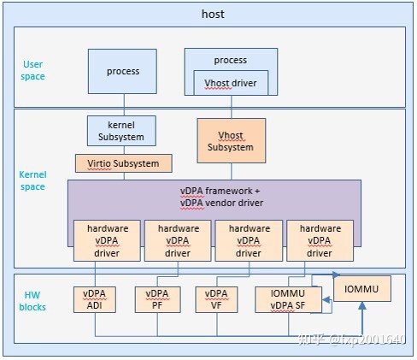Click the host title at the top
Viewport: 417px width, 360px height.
[x=213, y=14]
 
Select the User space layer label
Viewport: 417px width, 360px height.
[x=33, y=70]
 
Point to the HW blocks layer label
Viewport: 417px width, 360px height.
[x=33, y=301]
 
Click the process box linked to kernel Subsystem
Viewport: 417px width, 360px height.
[x=123, y=71]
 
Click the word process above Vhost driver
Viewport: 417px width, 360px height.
[x=230, y=60]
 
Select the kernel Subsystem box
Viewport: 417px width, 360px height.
[x=120, y=131]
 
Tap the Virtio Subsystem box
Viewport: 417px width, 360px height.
[x=123, y=162]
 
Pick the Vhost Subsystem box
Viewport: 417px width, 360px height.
[x=231, y=140]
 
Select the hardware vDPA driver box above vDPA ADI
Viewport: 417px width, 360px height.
[x=107, y=240]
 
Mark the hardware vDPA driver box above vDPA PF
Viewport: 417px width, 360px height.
[x=178, y=240]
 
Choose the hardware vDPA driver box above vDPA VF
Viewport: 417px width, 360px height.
[x=249, y=240]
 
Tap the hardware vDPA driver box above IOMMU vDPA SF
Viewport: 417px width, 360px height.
[x=320, y=240]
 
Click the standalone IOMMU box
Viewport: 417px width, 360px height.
[x=361, y=290]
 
